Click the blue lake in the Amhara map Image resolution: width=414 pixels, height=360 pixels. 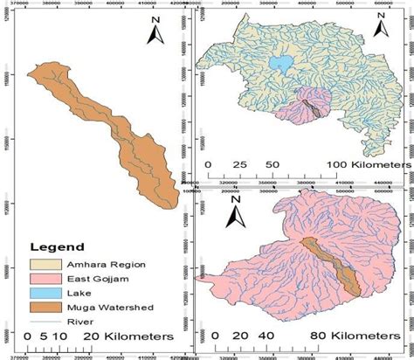click(280, 64)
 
